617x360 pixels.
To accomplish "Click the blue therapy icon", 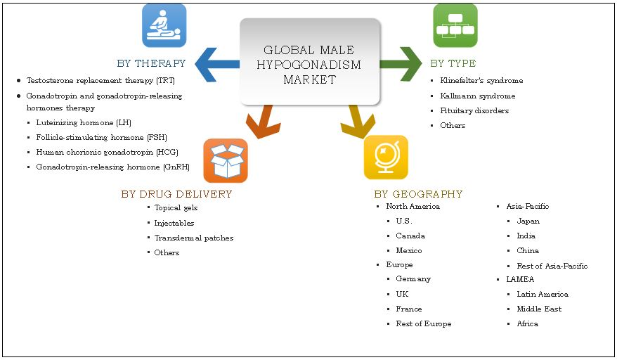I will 164,25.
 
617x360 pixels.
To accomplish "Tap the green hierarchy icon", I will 455,25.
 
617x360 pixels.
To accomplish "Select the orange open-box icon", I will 225,160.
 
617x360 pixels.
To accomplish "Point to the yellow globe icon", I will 385,157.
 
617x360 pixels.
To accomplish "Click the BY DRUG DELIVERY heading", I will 176,194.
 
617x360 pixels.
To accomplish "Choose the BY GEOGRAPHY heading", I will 418,194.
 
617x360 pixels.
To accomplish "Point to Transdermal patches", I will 194,238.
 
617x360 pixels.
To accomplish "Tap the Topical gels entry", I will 176,208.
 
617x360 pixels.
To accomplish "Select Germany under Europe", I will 413,279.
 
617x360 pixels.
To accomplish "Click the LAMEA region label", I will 520,280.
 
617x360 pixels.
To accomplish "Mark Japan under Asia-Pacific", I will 528,221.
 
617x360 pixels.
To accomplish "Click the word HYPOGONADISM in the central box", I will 310,65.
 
